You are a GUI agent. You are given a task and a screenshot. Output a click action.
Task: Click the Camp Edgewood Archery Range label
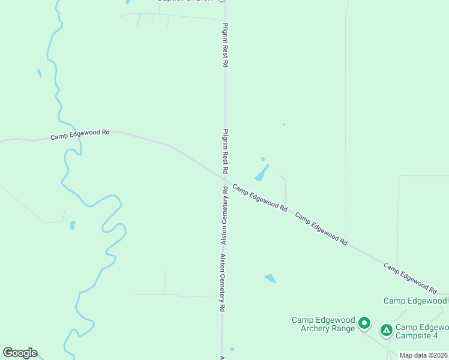tap(324, 324)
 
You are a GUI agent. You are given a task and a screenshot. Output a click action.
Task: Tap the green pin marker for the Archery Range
tap(364, 324)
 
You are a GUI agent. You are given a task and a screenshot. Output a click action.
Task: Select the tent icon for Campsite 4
tap(386, 329)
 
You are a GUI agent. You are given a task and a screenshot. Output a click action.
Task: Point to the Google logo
tap(20, 353)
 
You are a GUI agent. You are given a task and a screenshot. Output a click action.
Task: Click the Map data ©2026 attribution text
tap(424, 355)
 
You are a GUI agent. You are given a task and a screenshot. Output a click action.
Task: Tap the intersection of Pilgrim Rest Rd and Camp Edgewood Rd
tap(225, 179)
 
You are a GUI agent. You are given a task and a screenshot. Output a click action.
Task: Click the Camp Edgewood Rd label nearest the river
tap(80, 134)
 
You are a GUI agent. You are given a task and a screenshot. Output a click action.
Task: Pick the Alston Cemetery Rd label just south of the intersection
tap(224, 215)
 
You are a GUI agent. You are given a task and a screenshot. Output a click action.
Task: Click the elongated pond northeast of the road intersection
tap(261, 173)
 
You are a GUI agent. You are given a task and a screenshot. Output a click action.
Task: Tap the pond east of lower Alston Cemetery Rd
tap(271, 278)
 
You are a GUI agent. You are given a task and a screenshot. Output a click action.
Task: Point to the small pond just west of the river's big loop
tap(72, 225)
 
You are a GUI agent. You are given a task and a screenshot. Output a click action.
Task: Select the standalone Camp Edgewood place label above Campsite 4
tap(415, 301)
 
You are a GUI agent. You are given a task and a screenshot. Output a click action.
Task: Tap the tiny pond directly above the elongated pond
tap(263, 159)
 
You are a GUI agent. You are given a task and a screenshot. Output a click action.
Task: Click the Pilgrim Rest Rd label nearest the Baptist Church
tap(225, 45)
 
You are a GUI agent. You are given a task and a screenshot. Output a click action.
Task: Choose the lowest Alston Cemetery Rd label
tap(222, 282)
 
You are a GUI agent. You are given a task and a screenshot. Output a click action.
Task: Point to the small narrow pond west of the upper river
tap(39, 73)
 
